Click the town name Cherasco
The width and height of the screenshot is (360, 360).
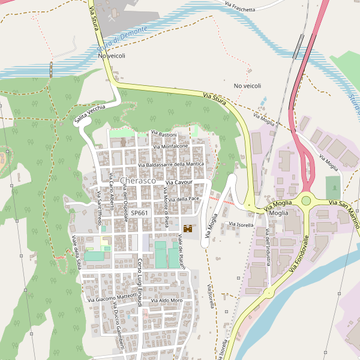[x=138, y=181]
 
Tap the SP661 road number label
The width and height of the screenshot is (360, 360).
[x=139, y=213]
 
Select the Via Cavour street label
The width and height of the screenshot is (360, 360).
[x=178, y=182]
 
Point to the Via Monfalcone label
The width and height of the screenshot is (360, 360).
[x=170, y=146]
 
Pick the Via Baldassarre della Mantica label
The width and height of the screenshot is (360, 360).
[x=171, y=164]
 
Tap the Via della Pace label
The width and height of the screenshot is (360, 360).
[x=184, y=199]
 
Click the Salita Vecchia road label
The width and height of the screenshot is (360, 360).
[x=90, y=114]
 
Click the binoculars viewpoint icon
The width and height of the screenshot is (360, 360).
[x=188, y=229]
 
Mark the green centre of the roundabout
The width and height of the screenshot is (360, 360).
[x=306, y=200]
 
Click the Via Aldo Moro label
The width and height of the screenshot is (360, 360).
[x=167, y=301]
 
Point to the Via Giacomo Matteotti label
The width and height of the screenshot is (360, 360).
[x=112, y=297]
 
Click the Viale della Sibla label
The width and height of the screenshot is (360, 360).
[x=77, y=252]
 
